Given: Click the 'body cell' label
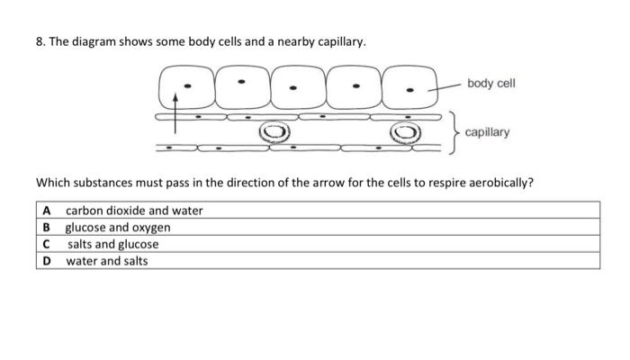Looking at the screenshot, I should click(x=492, y=84).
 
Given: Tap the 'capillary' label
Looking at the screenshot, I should click(x=487, y=132).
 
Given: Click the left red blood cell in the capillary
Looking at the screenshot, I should click(x=274, y=133).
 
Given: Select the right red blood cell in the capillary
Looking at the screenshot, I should click(x=404, y=133).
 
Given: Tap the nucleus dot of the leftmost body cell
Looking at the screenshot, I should click(x=187, y=87).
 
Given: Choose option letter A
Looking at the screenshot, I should click(x=46, y=211).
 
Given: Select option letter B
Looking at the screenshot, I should click(x=46, y=227).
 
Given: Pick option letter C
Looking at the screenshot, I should click(x=46, y=244).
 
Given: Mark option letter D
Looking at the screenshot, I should click(x=46, y=261).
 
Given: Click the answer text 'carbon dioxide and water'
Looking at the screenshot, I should click(x=134, y=211).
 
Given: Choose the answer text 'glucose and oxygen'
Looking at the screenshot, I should click(x=118, y=227).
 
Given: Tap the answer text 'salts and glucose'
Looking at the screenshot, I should click(x=113, y=244).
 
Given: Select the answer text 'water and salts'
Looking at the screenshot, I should click(x=107, y=261).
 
